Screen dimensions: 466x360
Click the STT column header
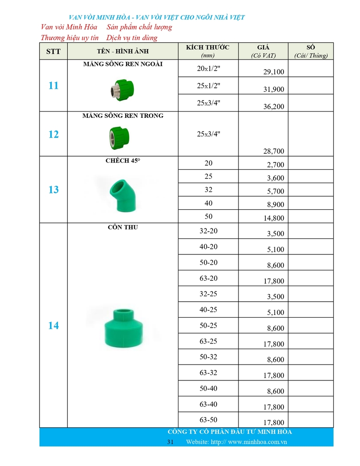point(53,51)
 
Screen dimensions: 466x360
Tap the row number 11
point(53,86)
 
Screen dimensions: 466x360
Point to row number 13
point(53,190)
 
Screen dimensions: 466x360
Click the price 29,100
point(274,72)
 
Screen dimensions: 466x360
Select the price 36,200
point(274,106)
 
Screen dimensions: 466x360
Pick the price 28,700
point(274,151)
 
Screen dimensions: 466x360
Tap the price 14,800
point(274,218)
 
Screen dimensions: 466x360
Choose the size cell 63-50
point(208,420)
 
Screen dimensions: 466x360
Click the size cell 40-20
point(208,247)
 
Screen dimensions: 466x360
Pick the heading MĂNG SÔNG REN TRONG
point(123,116)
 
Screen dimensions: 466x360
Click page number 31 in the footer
point(171,442)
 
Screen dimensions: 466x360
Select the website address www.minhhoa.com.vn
point(257,442)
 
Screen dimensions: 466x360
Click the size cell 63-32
point(208,373)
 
